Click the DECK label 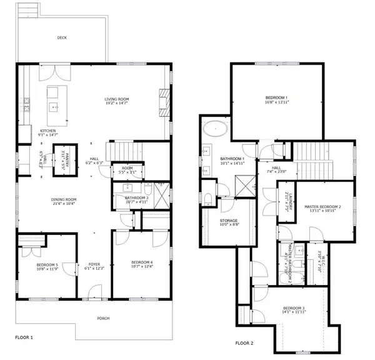pos(62,37)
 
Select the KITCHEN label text pos(49,130)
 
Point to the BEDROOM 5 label pos(47,264)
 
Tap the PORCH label pos(103,319)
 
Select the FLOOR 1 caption pos(24,337)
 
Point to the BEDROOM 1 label pos(277,97)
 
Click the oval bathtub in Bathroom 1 pos(215,129)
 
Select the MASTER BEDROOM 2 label pos(322,206)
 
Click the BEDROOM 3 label pos(293,308)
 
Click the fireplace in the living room pos(164,103)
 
